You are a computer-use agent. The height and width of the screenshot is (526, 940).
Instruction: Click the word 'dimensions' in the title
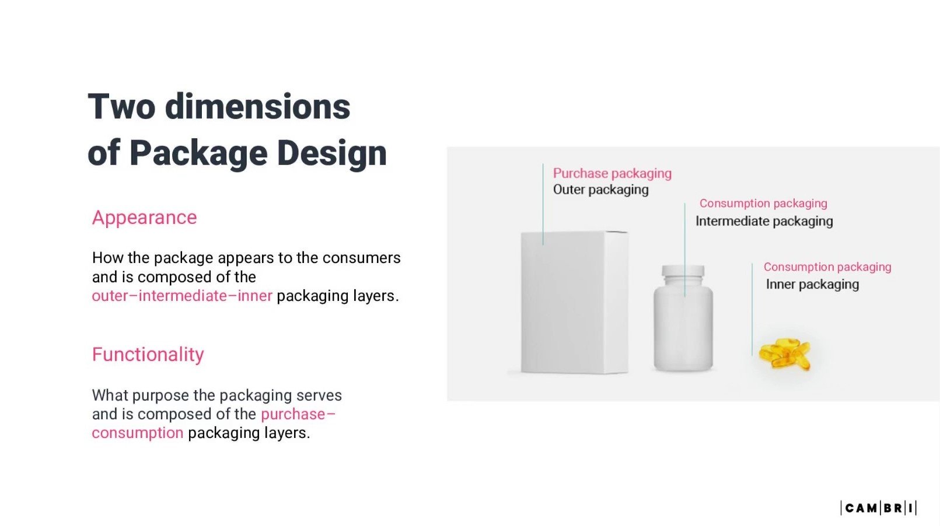(x=257, y=107)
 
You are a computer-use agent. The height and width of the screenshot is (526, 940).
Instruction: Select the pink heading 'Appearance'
(x=144, y=218)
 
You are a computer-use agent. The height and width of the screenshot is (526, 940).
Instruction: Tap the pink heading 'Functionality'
(x=148, y=355)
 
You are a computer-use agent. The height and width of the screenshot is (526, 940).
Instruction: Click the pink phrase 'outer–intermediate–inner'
(x=181, y=296)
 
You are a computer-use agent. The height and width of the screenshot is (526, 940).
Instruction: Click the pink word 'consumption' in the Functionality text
(x=137, y=433)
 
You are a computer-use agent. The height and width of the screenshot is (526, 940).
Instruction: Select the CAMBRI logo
(x=878, y=508)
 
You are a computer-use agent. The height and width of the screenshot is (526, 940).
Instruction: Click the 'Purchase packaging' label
(x=612, y=173)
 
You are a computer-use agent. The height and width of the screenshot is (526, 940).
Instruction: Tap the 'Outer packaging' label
(x=600, y=190)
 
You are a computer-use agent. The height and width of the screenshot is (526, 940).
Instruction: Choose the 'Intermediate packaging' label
(x=764, y=221)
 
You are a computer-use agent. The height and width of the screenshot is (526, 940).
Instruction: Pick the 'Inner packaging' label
(x=812, y=285)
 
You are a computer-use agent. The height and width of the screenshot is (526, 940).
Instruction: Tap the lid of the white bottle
(x=683, y=272)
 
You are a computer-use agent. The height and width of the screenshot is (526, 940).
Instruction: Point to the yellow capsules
(x=785, y=354)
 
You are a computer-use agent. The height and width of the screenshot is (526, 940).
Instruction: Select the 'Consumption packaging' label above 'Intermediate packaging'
(x=763, y=204)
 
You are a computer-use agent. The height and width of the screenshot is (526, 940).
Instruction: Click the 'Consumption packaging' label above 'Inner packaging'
(x=827, y=267)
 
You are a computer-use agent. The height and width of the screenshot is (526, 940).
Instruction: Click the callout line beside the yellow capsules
(x=752, y=309)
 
